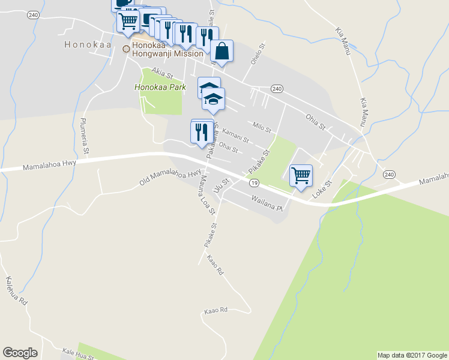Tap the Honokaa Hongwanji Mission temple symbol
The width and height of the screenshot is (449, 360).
click(x=126, y=49)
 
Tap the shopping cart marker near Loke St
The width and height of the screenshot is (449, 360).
click(x=300, y=176)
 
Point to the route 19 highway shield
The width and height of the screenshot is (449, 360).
click(x=255, y=182)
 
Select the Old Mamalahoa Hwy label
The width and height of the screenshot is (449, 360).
click(x=170, y=177)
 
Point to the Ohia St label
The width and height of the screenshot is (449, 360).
click(x=315, y=122)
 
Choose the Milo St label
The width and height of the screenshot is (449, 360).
click(x=262, y=127)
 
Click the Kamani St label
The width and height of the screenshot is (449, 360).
click(x=235, y=135)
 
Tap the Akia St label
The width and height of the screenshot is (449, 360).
click(x=162, y=73)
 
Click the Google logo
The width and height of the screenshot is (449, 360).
click(x=20, y=352)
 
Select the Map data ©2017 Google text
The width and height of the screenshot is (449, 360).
click(x=412, y=355)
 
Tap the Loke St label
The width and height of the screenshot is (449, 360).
click(x=322, y=190)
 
